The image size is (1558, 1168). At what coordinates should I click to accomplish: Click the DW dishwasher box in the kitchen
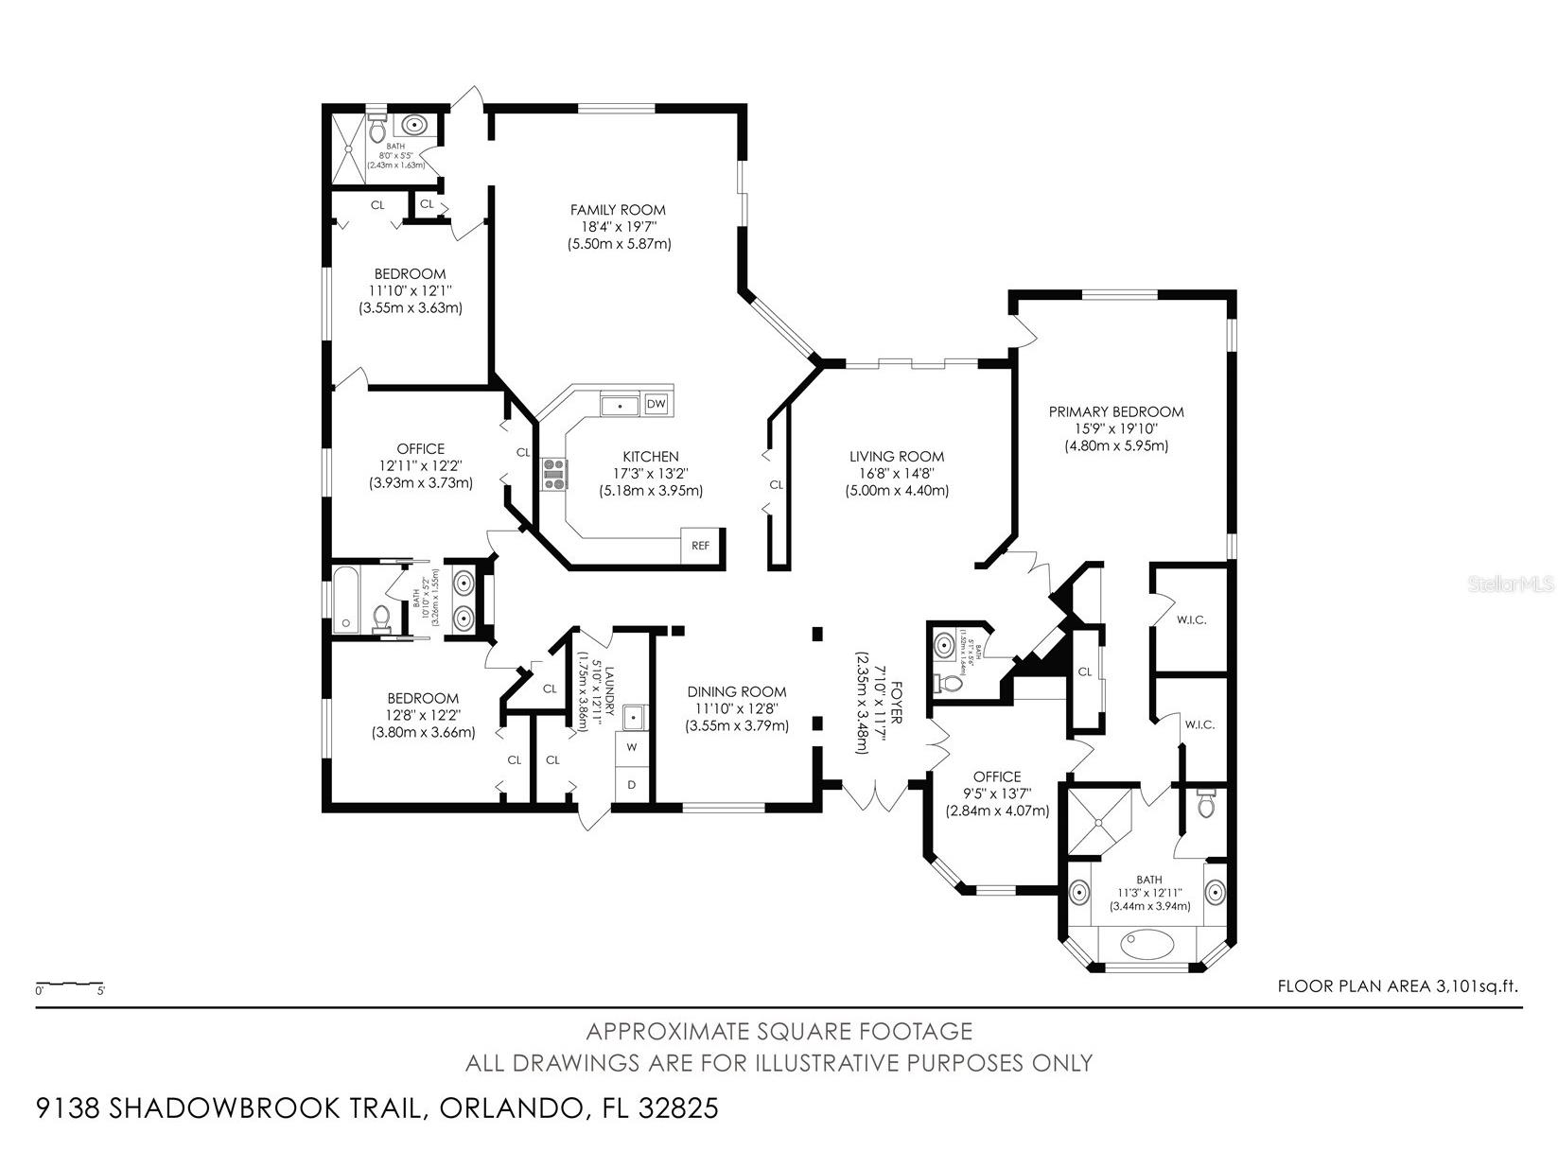tap(656, 405)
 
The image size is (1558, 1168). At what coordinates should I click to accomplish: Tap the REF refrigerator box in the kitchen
tap(700, 546)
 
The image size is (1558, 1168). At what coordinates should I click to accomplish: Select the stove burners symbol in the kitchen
tap(553, 473)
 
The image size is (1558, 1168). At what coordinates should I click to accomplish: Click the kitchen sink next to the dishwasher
tap(620, 405)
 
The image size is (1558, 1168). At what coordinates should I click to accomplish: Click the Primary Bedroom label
tap(1116, 411)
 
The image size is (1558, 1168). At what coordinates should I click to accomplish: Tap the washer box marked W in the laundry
tap(631, 747)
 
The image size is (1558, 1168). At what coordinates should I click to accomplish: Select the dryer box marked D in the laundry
tap(631, 784)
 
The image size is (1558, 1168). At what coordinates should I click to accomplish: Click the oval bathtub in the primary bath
tap(1147, 943)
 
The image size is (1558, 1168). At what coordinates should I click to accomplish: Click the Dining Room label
tap(736, 691)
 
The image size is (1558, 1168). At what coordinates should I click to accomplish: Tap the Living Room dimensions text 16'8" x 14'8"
tap(896, 473)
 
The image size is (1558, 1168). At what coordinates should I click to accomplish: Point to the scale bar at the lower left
tap(70, 985)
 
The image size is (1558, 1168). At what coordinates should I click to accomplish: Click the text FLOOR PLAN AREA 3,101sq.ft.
tap(1397, 986)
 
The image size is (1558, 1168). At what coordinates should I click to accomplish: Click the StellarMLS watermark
tap(1511, 584)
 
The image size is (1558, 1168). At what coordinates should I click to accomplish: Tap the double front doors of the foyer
tap(877, 796)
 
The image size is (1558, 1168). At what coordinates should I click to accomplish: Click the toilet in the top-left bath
tap(376, 127)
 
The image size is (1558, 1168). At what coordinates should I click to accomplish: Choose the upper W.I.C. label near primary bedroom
tap(1191, 620)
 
